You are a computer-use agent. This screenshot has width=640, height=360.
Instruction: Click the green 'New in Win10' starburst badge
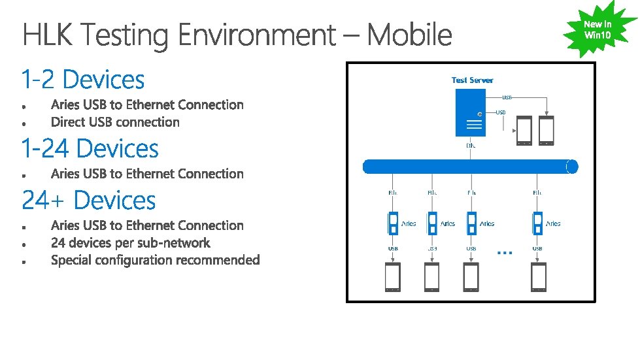(598, 29)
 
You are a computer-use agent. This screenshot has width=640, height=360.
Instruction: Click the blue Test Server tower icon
(473, 112)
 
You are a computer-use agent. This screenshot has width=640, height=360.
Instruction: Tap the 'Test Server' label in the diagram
(472, 80)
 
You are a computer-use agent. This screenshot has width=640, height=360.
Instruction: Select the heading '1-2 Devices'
(83, 80)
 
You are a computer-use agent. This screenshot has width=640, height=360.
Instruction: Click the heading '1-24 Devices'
(90, 149)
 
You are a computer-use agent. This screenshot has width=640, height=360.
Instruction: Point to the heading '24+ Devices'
(89, 200)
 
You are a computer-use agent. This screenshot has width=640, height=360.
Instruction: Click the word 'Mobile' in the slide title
(409, 35)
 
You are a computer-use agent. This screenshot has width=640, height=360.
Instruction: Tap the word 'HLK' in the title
(50, 35)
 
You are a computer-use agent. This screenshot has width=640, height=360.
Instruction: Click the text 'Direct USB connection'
(115, 122)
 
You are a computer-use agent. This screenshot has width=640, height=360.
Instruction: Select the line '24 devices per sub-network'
(131, 243)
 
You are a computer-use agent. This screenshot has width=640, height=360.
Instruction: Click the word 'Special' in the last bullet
(71, 260)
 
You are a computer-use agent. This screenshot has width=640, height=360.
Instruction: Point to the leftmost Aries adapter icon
(393, 223)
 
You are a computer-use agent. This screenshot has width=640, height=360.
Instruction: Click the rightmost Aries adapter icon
(537, 223)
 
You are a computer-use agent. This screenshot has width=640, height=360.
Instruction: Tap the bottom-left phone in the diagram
(393, 277)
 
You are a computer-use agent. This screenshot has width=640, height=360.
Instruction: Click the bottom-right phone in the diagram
(538, 277)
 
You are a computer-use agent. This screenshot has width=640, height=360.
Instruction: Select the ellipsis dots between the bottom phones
(505, 252)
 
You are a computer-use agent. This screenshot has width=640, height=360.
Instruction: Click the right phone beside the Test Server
(546, 130)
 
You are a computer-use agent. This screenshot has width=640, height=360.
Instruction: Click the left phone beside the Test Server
(524, 130)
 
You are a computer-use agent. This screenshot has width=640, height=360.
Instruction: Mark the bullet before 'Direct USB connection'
(23, 123)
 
